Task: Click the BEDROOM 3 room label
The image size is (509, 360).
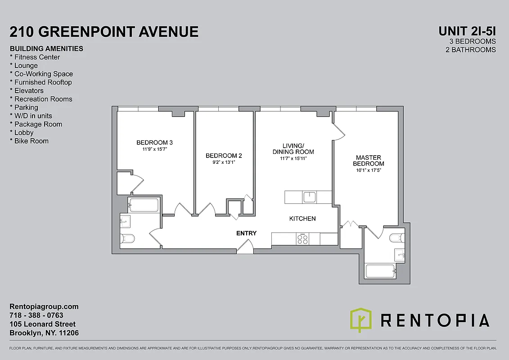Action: pyautogui.click(x=154, y=143)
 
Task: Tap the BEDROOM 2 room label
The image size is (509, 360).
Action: pyautogui.click(x=224, y=156)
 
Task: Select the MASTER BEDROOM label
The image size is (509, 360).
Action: pyautogui.click(x=369, y=161)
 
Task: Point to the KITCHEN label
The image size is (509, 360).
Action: pyautogui.click(x=302, y=219)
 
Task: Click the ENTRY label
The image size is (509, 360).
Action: pyautogui.click(x=246, y=233)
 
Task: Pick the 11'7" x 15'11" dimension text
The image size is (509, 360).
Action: pyautogui.click(x=293, y=158)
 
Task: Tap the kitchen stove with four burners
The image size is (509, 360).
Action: pyautogui.click(x=303, y=239)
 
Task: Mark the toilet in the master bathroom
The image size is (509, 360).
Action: pyautogui.click(x=397, y=238)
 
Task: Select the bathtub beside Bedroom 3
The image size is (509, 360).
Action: pyautogui.click(x=144, y=205)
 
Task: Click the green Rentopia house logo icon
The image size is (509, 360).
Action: pyautogui.click(x=361, y=320)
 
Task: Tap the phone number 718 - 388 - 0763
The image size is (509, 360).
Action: pyautogui.click(x=36, y=315)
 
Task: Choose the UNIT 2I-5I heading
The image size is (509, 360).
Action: pyautogui.click(x=467, y=31)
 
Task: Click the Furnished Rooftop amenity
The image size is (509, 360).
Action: pyautogui.click(x=43, y=82)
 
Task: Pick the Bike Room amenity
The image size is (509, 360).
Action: pyautogui.click(x=31, y=141)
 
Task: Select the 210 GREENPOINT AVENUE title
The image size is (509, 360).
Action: pyautogui.click(x=104, y=32)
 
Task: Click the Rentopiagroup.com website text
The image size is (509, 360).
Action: pyautogui.click(x=44, y=306)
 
